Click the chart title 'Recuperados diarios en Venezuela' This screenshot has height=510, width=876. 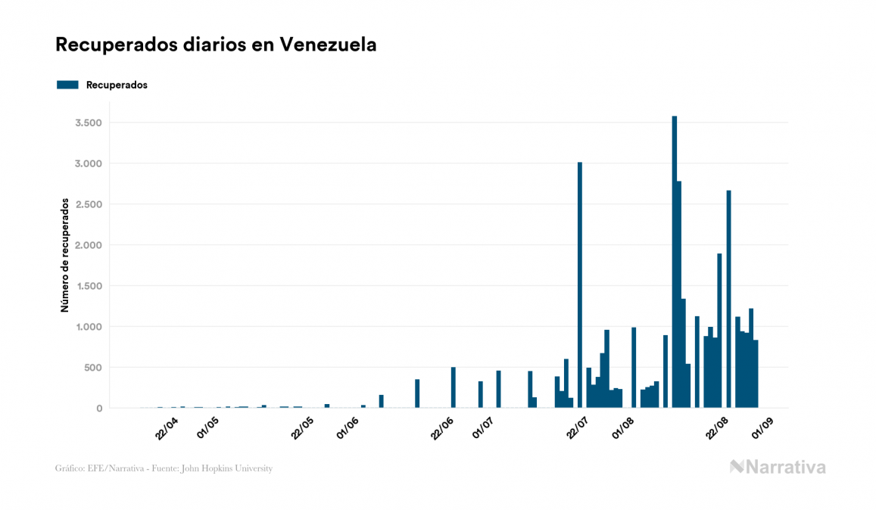pos(216,45)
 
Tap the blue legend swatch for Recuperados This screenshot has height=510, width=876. pos(67,85)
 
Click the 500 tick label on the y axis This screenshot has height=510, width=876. pos(92,368)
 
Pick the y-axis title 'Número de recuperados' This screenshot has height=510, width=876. pos(65,255)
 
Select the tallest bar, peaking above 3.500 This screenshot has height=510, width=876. pos(674,262)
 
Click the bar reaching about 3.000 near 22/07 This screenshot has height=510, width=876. pos(580,285)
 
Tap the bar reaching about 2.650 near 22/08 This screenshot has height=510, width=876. pos(728,299)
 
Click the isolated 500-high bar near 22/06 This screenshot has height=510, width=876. pos(453,387)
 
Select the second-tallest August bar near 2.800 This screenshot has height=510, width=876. pos(679,294)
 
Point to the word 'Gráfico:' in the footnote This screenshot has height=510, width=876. pos(70,468)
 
